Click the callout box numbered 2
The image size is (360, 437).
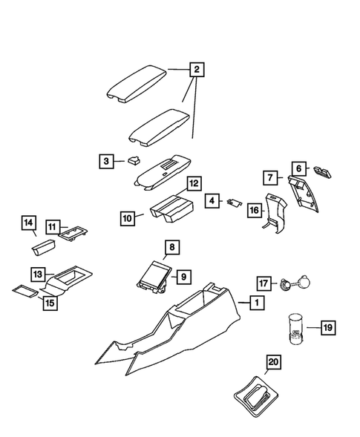click(x=197, y=70)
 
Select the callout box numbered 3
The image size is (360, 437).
click(x=107, y=161)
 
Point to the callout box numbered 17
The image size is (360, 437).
click(x=263, y=282)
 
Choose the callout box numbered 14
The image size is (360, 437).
click(x=28, y=223)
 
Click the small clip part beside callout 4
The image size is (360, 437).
click(x=236, y=201)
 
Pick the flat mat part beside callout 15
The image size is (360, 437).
click(x=27, y=289)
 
